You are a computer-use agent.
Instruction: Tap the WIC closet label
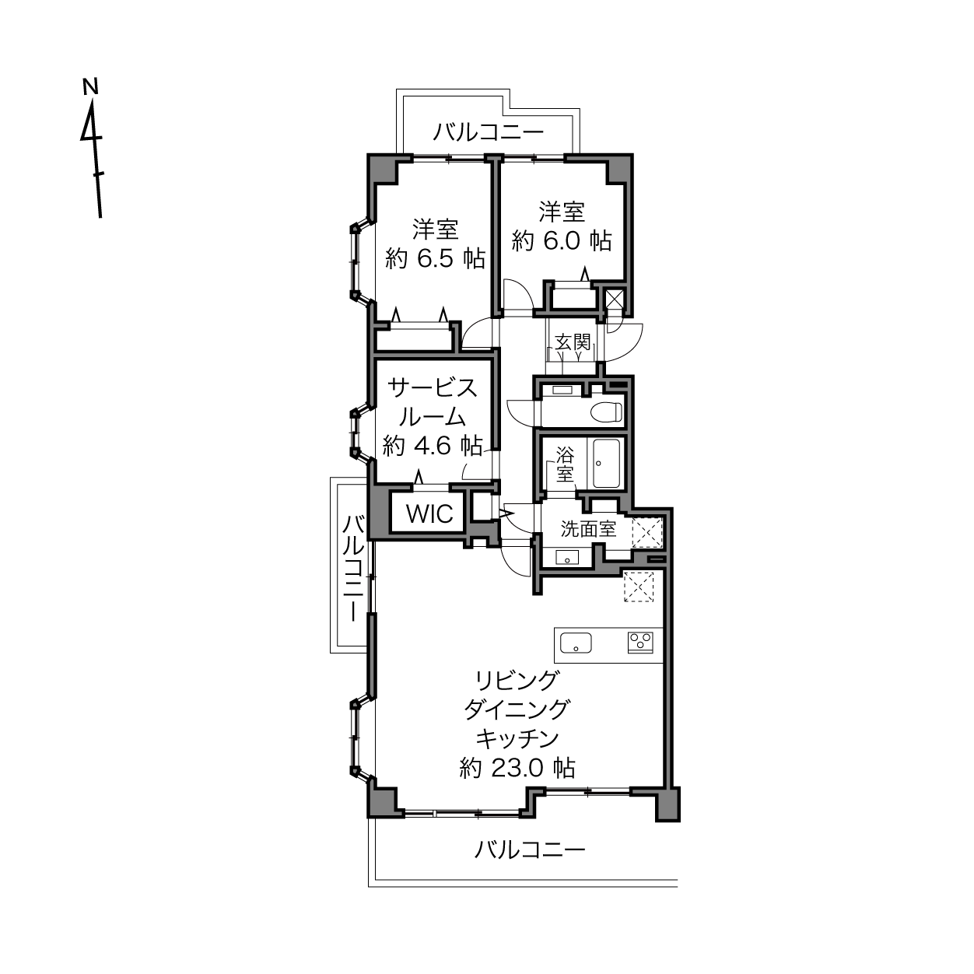429,514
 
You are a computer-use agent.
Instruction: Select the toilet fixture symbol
606,412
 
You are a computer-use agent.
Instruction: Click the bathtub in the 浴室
606,463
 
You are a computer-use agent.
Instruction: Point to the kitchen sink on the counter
576,643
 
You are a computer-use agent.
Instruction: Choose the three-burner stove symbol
640,643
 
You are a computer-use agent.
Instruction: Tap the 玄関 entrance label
573,342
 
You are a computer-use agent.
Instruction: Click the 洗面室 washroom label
588,529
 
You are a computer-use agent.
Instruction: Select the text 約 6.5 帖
435,259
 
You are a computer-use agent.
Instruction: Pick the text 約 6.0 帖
562,241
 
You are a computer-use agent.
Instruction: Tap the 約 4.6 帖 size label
433,446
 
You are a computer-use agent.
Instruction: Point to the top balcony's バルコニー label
489,132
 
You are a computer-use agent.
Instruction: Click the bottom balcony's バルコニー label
530,850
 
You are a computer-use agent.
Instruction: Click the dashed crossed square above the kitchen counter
639,587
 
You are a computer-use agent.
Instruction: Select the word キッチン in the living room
517,739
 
